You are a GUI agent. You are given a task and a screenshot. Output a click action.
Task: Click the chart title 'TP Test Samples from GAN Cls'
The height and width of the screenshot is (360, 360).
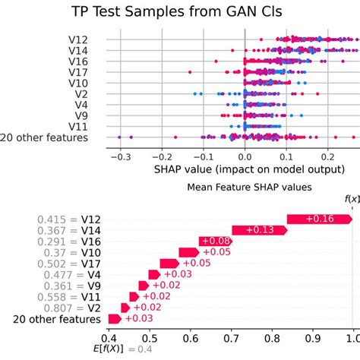pyautogui.click(x=179, y=12)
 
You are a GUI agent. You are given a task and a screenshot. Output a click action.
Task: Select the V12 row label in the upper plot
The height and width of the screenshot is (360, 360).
pyautogui.click(x=80, y=39)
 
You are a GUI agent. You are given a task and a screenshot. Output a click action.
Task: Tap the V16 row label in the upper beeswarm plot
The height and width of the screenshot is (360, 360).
pyautogui.click(x=80, y=61)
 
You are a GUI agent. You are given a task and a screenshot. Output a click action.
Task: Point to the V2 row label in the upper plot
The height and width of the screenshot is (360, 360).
pyautogui.click(x=83, y=94)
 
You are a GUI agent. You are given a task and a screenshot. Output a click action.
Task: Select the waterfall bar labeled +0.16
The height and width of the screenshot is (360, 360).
pyautogui.click(x=319, y=219)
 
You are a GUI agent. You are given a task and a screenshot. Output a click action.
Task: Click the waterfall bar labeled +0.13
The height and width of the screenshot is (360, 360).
pyautogui.click(x=258, y=231)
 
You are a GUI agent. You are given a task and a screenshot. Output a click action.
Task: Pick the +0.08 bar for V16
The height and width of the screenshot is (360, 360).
pyautogui.click(x=215, y=242)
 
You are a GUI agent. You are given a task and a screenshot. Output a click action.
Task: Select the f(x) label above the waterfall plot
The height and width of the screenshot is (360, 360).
pyautogui.click(x=352, y=199)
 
